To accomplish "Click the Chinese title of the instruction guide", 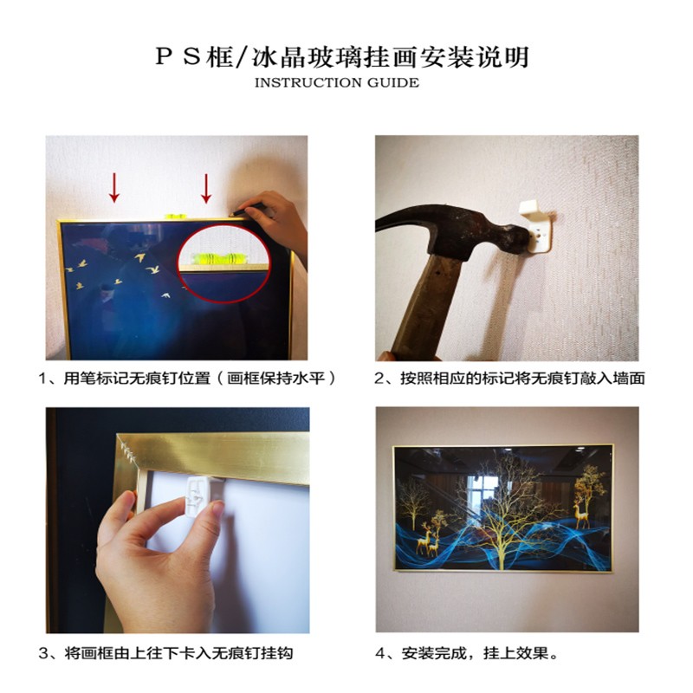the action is point(342,57).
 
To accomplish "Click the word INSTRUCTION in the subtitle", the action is point(308,83).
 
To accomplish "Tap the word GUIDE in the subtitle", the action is point(393,83).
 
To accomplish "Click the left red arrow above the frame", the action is point(114,188).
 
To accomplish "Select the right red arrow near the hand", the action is point(206,188).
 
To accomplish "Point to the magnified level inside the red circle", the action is point(220,258).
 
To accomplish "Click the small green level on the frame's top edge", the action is point(177,217).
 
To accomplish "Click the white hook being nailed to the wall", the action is point(536,226).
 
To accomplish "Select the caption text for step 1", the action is point(187,379).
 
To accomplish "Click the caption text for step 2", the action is point(509,379).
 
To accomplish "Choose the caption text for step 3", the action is point(165,653).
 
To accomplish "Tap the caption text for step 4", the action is point(467,653).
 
